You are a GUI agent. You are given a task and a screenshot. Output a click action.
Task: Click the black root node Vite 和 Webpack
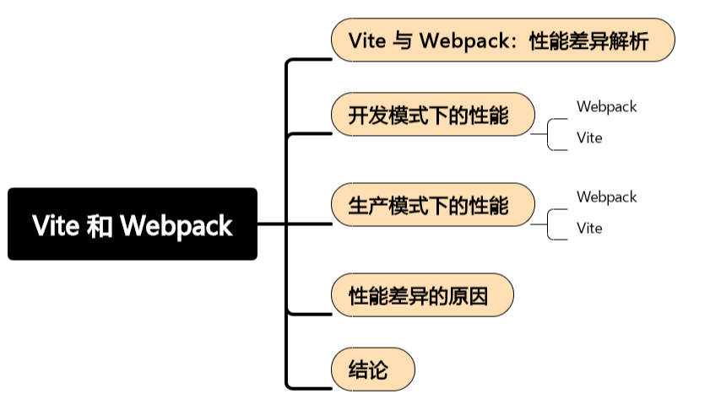coord(133,224)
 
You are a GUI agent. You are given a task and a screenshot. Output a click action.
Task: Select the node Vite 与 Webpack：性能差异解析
coord(501,40)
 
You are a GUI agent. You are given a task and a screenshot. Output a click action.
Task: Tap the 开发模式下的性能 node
coord(431,114)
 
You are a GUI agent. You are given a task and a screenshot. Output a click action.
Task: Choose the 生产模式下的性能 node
coord(431,204)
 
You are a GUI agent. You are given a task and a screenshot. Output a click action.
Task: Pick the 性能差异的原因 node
coord(421,294)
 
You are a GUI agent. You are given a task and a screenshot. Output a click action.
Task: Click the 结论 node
coord(371,369)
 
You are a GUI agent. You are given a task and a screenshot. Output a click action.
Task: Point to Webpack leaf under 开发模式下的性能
coord(606,106)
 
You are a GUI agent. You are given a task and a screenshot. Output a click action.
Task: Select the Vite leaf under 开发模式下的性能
coord(589,138)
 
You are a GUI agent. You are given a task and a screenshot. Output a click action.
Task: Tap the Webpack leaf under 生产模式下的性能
coord(606,197)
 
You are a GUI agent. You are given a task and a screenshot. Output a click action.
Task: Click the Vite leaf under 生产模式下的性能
coord(589,228)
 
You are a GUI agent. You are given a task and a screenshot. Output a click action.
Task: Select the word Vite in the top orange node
coord(368,40)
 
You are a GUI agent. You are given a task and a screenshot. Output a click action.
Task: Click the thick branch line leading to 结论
coord(308,388)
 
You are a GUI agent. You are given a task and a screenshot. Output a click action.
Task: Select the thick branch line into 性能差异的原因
coord(308,314)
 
